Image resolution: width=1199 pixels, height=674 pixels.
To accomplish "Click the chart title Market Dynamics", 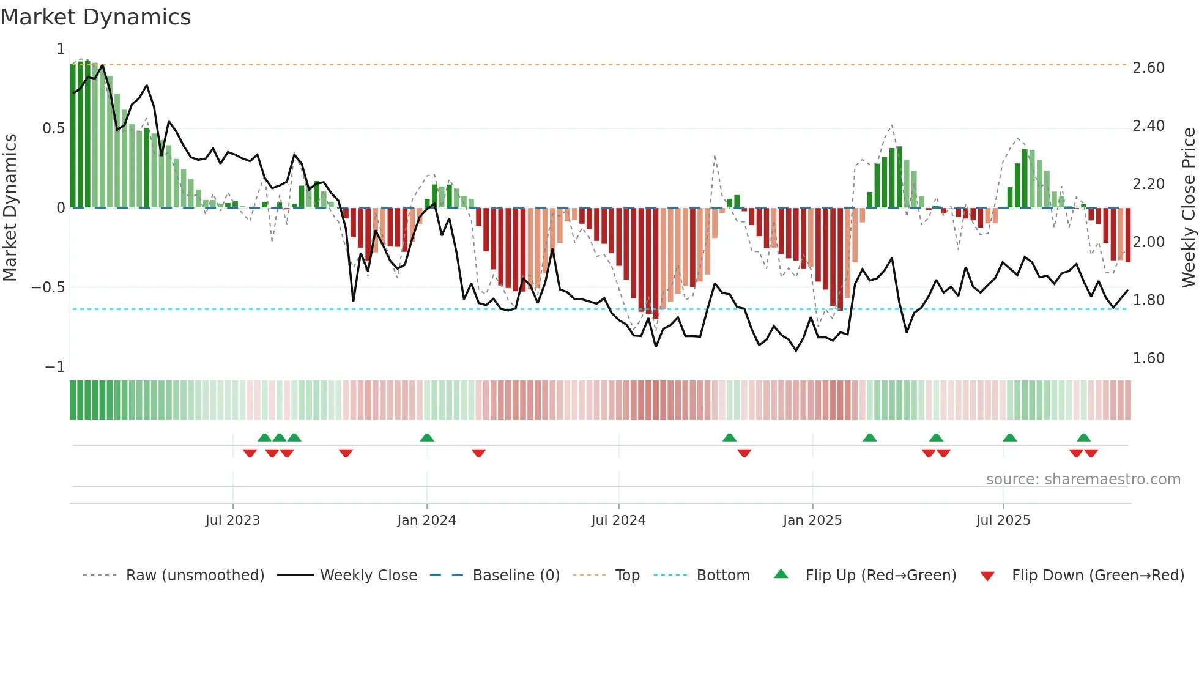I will pos(96,17).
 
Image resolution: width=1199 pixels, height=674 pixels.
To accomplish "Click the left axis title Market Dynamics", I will pos(10,207).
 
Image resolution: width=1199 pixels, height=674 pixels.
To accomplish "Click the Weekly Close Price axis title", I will pos(1188,207).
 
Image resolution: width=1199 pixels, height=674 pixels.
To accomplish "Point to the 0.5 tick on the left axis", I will pos(53,128).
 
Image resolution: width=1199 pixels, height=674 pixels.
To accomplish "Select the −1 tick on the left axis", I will pos(54,367).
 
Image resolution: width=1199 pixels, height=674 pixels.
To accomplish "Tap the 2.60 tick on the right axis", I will pos(1148,68).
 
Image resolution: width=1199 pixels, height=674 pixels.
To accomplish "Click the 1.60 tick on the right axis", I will pos(1148,358).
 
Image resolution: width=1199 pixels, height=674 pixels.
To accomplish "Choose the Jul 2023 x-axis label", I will pos(232,520).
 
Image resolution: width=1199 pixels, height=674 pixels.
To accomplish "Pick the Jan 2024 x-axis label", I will pos(426,520).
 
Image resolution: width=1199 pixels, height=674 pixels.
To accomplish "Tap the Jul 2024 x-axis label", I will pos(618,520).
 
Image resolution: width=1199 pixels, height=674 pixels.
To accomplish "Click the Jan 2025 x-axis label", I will pos(812,520).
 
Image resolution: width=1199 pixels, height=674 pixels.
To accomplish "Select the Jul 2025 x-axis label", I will pos(1003,520).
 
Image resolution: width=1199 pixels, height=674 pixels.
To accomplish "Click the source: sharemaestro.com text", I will pos(1083,480).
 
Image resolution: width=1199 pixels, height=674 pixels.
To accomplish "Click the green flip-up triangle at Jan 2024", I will pos(427,438).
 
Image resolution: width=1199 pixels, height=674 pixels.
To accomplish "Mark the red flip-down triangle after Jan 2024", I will pos(478,453).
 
